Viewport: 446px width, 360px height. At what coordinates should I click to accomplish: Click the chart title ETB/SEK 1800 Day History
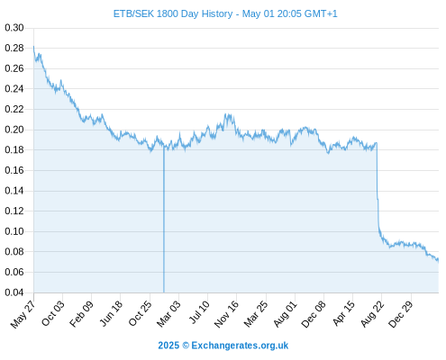pos(173,13)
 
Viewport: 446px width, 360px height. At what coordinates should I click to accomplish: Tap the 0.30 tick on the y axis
pos(14,28)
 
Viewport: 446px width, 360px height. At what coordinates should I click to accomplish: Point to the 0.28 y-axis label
pos(14,48)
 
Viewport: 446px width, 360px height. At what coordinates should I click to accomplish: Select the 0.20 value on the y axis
pos(14,130)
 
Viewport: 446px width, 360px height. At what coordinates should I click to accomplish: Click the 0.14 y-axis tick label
pos(14,191)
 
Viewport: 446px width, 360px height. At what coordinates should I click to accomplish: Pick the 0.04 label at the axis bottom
pos(14,292)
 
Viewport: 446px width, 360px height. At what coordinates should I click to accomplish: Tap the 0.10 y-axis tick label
pos(14,231)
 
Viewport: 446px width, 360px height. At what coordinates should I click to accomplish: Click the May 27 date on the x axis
pos(23,314)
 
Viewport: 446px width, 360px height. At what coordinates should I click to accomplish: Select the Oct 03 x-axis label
pos(52,313)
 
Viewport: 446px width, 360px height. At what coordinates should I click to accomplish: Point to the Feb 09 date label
pos(81,314)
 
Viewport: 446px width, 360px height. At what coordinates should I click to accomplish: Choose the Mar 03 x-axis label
pos(168,314)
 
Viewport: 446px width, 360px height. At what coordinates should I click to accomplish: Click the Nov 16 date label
pos(226,314)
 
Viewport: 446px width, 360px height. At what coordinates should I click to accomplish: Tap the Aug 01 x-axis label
pos(285,314)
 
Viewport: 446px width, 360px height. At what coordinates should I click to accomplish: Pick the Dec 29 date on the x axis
pos(401,314)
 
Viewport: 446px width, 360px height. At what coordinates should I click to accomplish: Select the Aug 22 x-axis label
pos(372,314)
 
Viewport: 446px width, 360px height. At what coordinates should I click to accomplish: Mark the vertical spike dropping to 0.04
pos(164,220)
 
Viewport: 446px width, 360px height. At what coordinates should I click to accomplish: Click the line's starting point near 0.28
pos(33,46)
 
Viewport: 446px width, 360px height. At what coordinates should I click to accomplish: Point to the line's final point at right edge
pos(439,260)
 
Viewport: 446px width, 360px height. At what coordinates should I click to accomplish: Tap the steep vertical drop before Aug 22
pos(378,187)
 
